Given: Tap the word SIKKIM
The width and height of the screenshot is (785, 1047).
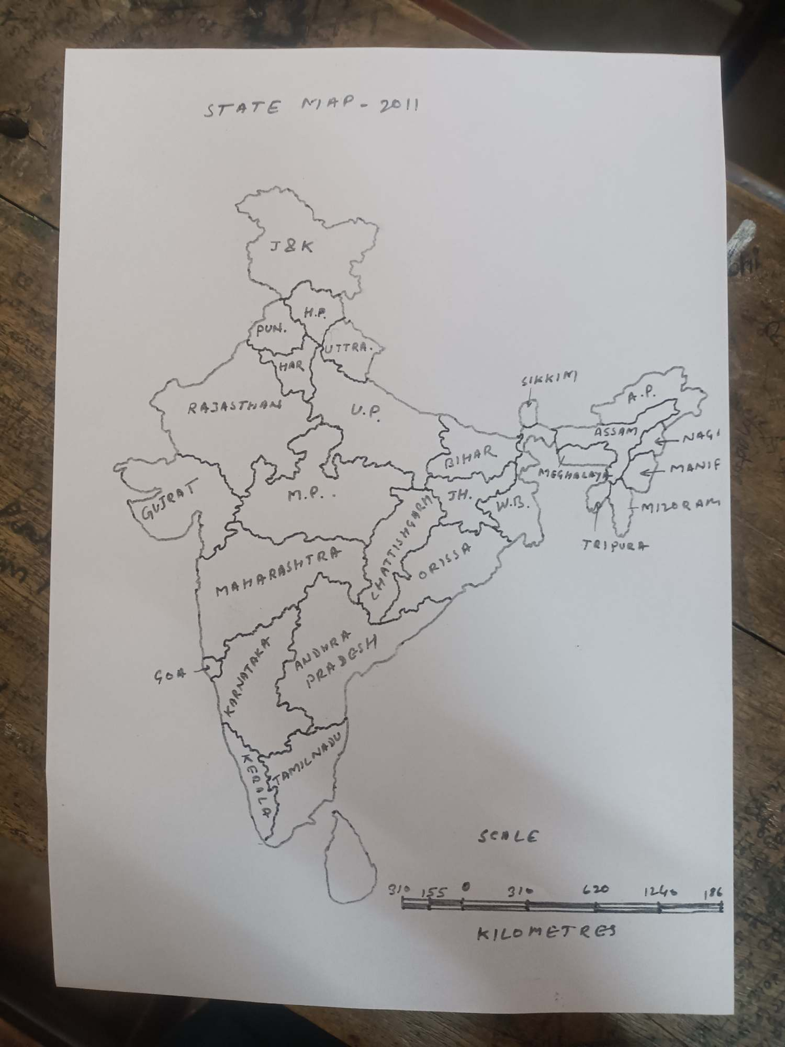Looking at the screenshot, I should [549, 380].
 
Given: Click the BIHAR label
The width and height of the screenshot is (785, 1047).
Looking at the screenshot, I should [470, 456].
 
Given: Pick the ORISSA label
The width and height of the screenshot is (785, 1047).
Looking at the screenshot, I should [445, 561].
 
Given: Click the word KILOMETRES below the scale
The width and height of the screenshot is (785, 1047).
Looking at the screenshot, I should [546, 931].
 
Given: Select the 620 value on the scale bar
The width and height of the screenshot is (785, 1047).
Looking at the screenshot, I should [596, 889].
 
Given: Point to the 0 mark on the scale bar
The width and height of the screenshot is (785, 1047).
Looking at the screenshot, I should [465, 888].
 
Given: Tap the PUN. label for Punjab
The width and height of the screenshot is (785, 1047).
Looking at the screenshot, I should [271, 330].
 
